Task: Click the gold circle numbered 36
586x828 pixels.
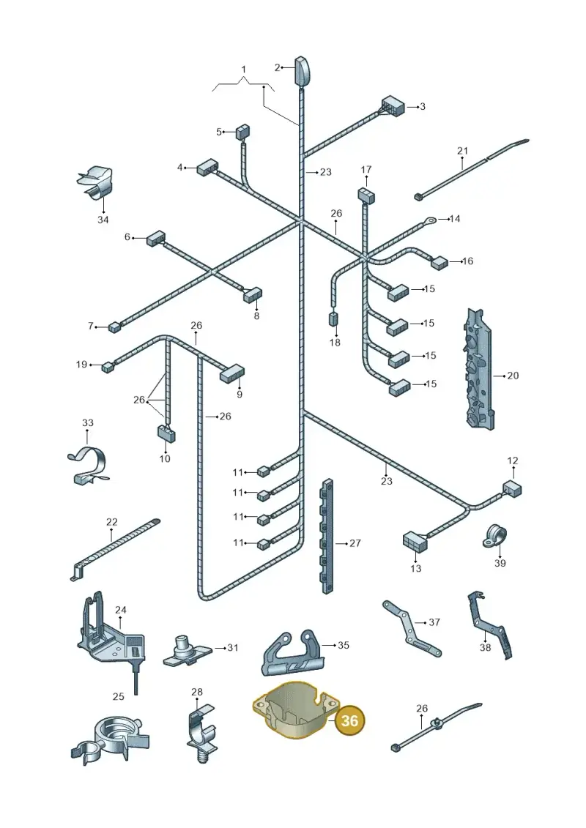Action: pyautogui.click(x=350, y=720)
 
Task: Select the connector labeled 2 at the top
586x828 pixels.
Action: pyautogui.click(x=301, y=70)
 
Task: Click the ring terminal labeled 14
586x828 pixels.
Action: pyautogui.click(x=431, y=219)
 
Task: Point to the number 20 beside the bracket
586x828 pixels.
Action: pyautogui.click(x=513, y=376)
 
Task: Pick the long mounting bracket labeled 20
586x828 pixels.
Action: pyautogui.click(x=479, y=368)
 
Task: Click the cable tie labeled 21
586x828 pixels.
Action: pyautogui.click(x=471, y=169)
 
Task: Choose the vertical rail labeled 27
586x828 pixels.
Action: pyautogui.click(x=328, y=536)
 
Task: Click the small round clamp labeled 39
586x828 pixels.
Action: pyautogui.click(x=494, y=536)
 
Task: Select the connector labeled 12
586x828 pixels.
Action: pyautogui.click(x=511, y=488)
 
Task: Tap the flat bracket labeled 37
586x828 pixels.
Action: pyautogui.click(x=412, y=628)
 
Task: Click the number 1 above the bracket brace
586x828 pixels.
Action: pyautogui.click(x=244, y=69)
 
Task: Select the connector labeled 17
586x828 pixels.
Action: pyautogui.click(x=366, y=195)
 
